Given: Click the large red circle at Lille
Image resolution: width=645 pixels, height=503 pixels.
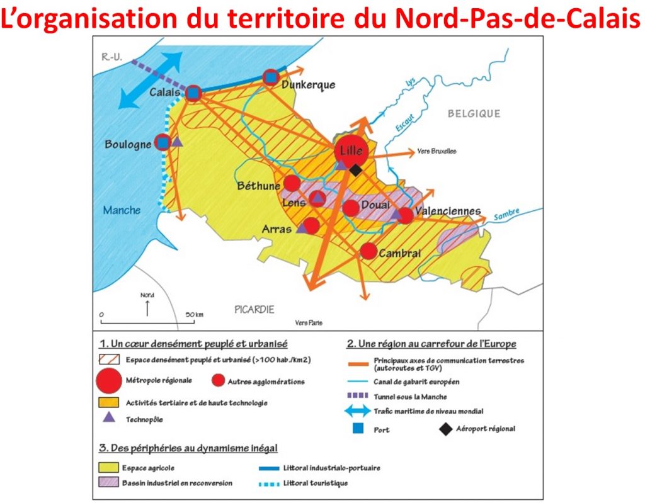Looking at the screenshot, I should tap(351, 150).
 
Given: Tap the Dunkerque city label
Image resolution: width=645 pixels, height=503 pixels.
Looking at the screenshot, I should tap(309, 85).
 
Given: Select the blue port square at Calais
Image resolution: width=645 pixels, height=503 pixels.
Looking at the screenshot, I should tap(194, 94).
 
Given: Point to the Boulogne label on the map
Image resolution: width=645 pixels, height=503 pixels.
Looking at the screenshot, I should tap(128, 144).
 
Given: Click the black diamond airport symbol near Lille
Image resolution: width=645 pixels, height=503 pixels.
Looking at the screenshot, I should tap(356, 170).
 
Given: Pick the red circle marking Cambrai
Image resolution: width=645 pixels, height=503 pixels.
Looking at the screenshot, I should tap(369, 251).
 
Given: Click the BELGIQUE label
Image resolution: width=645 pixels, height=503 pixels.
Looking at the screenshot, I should tap(474, 114).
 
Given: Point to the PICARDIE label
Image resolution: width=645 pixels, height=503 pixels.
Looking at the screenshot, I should tap(254, 309).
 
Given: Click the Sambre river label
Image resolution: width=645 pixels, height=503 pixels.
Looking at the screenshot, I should tap(506, 214).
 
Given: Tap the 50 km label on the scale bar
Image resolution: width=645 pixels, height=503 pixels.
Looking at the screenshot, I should tap(194, 314).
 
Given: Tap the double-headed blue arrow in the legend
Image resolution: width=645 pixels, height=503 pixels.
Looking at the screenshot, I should tap(357, 411).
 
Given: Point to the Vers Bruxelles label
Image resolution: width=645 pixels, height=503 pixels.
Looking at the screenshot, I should tap(436, 152).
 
